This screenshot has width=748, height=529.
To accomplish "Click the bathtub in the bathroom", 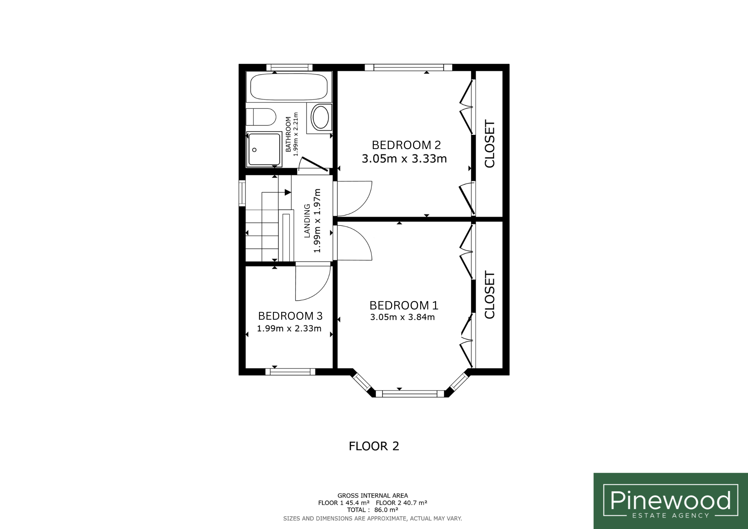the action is (x=289, y=87).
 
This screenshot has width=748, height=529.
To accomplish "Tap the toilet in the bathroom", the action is (x=260, y=117).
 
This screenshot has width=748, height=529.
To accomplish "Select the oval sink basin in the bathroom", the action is (x=321, y=117).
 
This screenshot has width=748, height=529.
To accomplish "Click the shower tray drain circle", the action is (x=255, y=150).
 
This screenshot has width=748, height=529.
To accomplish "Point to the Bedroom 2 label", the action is (x=406, y=145).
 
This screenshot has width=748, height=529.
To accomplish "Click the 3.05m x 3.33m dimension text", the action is (x=404, y=159).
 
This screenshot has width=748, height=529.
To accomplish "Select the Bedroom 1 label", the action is (x=404, y=305).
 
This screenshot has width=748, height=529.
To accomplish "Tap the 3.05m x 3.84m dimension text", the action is (x=402, y=317).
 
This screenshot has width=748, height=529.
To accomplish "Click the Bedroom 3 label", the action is (x=290, y=316).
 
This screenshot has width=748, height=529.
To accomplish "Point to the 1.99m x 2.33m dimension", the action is (x=289, y=328).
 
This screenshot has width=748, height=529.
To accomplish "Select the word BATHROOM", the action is (x=289, y=134).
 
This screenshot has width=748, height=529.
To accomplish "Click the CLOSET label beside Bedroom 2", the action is (x=489, y=144).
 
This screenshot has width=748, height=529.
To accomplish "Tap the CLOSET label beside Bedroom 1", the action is (x=489, y=294).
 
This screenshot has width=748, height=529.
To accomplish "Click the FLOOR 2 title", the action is (x=374, y=446).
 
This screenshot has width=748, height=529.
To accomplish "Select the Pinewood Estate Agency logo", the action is (x=671, y=501).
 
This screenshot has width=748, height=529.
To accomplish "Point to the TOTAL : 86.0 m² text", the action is (x=373, y=510).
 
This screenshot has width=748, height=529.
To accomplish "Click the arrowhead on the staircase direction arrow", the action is (x=288, y=192).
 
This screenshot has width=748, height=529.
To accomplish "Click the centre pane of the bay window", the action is (x=409, y=393).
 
